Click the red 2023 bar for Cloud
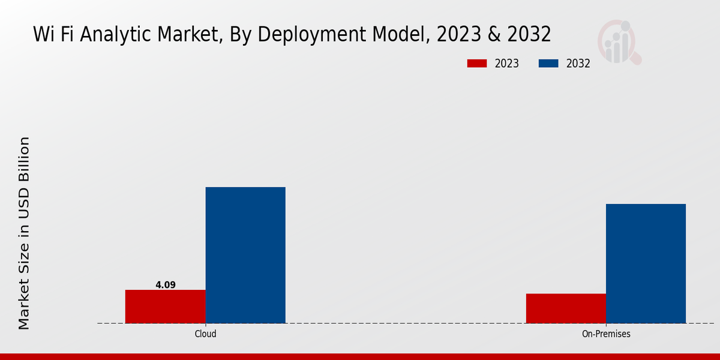pyautogui.click(x=165, y=307)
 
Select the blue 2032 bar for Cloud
pyautogui.click(x=245, y=255)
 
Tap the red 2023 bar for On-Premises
pyautogui.click(x=566, y=308)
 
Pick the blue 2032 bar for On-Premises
pyautogui.click(x=646, y=263)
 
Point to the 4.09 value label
pyautogui.click(x=166, y=285)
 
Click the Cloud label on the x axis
pyautogui.click(x=205, y=334)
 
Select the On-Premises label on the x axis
pyautogui.click(x=606, y=334)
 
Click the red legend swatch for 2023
pyautogui.click(x=477, y=64)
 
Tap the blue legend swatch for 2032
pyautogui.click(x=549, y=64)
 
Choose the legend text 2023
pyautogui.click(x=507, y=64)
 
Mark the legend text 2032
pyautogui.click(x=578, y=64)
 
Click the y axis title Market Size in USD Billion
pyautogui.click(x=24, y=233)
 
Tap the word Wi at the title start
pyautogui.click(x=44, y=35)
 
